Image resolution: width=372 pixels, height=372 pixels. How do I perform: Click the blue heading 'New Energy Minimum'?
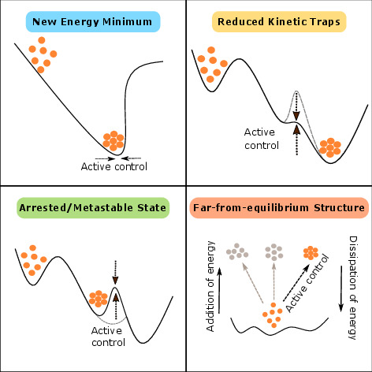(x=92, y=22)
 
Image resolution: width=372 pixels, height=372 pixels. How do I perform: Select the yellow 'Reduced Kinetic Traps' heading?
(x=279, y=22)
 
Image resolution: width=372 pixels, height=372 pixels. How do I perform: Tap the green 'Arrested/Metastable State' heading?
(x=93, y=208)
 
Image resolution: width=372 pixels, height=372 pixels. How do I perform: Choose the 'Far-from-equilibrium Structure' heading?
(x=279, y=208)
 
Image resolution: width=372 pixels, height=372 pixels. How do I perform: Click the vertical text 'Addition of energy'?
(x=210, y=286)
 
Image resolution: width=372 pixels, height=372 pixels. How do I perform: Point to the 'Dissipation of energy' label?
(x=353, y=288)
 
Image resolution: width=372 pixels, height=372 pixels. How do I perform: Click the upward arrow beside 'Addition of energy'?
(x=220, y=291)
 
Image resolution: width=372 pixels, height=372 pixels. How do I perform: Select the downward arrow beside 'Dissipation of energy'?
(x=341, y=288)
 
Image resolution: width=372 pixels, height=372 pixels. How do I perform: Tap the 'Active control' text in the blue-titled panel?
(x=114, y=166)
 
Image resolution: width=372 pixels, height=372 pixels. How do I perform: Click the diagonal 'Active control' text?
(x=307, y=283)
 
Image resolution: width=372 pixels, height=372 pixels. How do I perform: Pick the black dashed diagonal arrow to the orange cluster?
(x=296, y=283)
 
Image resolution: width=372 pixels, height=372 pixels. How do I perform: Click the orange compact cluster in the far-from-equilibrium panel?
(x=311, y=253)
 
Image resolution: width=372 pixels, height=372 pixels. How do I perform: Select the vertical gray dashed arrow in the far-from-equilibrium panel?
(x=273, y=281)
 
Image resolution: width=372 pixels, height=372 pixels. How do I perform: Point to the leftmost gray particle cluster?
(x=237, y=251)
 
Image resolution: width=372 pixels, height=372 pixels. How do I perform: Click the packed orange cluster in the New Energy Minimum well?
(x=113, y=141)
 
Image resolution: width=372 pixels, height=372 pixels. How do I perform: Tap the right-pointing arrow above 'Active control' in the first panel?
(x=105, y=158)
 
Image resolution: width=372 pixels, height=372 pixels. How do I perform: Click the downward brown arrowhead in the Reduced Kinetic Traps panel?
(x=296, y=116)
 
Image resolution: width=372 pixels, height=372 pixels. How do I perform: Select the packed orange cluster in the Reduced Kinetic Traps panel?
(x=330, y=147)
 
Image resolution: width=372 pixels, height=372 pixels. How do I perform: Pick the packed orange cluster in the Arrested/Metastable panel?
(x=99, y=299)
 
